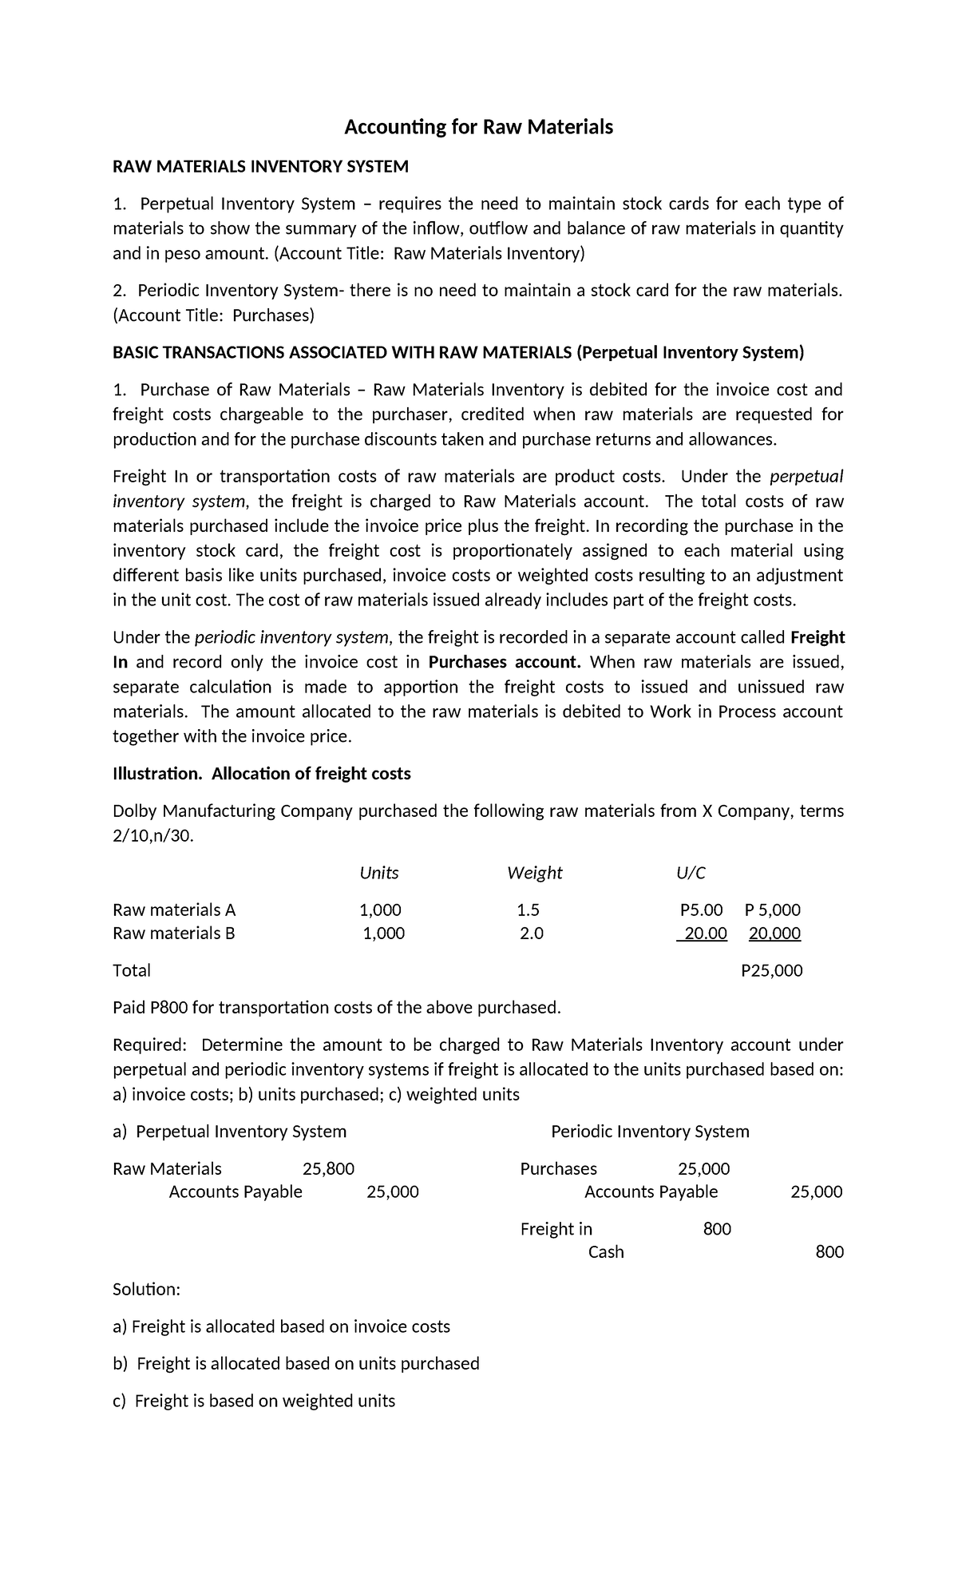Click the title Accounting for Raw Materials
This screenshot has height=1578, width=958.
[x=478, y=127]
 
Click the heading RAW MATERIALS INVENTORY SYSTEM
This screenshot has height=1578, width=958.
[x=260, y=166]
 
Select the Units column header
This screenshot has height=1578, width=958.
[x=379, y=873]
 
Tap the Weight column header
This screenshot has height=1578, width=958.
[x=534, y=873]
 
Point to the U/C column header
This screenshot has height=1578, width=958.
[x=691, y=873]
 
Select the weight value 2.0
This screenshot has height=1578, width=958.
[x=531, y=933]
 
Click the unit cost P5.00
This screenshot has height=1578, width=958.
[x=701, y=910]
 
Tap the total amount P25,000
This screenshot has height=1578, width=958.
[x=771, y=970]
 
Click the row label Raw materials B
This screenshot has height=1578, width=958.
[x=174, y=933]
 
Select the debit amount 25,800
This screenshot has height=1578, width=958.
[x=328, y=1168]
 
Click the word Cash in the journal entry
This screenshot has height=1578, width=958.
[x=606, y=1251]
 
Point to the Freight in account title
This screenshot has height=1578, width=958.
[x=556, y=1228]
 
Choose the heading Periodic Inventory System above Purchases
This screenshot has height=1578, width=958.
[x=650, y=1131]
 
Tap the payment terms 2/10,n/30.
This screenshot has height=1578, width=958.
[x=153, y=835]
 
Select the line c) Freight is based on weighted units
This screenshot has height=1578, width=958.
[x=254, y=1401]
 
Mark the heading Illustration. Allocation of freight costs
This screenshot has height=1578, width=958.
[x=262, y=773]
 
